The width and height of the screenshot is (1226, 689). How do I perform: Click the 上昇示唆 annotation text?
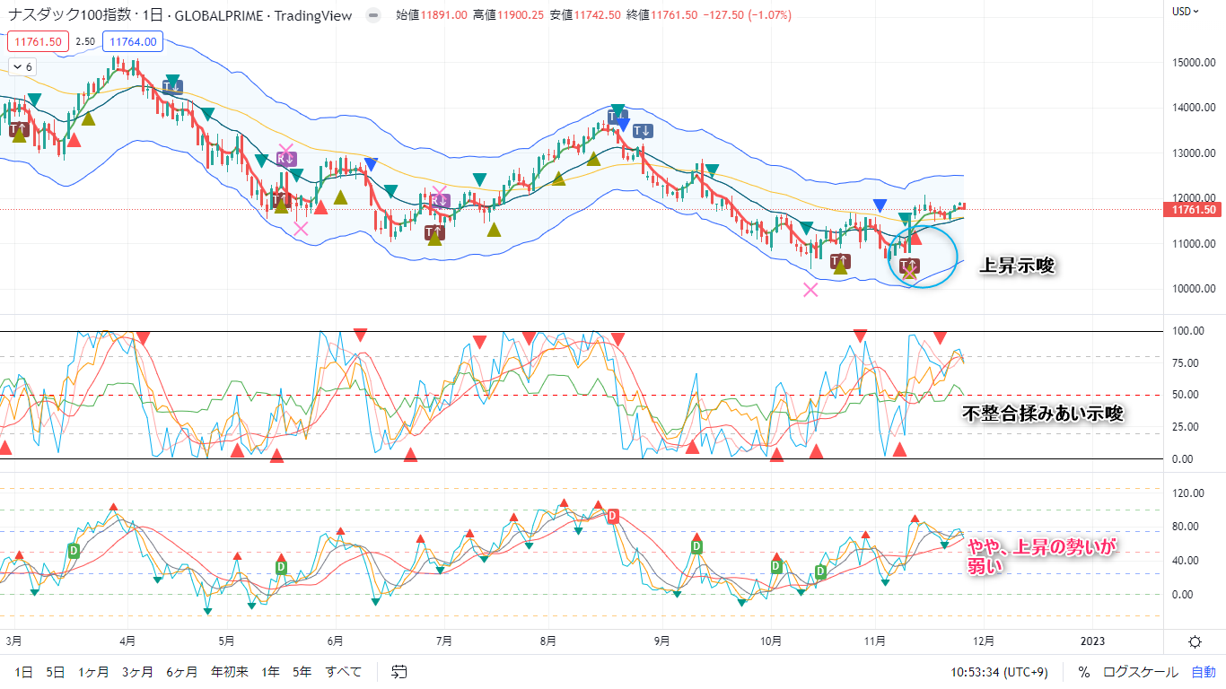point(1015,266)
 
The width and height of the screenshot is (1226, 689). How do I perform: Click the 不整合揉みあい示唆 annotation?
point(1042,414)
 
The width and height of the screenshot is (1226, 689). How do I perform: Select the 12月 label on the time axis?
point(984,641)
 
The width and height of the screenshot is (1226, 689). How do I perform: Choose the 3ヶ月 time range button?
point(137,671)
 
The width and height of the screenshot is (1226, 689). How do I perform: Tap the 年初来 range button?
point(230,671)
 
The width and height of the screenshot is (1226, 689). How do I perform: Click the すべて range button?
point(344,671)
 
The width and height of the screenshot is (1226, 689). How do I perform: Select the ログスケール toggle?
point(1141,671)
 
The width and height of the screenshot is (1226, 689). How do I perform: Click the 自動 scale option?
point(1204,671)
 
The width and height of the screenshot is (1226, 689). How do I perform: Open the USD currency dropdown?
point(1186,12)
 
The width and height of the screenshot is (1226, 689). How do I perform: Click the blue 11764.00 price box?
point(132,41)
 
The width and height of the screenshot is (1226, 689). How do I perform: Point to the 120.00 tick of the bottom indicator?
point(1189,493)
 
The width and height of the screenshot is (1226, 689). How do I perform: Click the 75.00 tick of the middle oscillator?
point(1189,363)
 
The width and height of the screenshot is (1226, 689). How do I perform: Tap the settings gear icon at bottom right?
point(1195,641)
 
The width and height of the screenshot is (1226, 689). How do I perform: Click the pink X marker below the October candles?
point(810,289)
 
